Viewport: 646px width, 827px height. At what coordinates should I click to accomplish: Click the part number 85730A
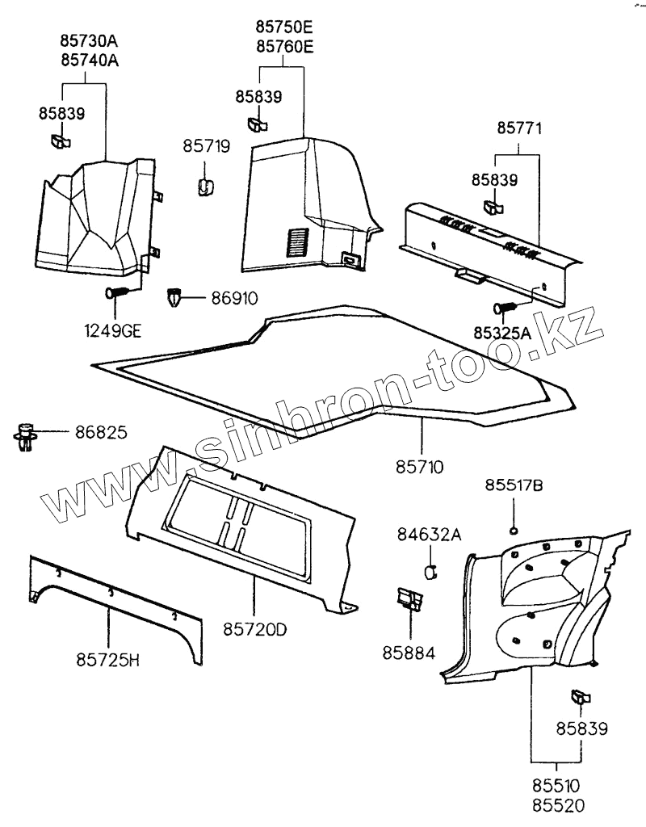click(89, 41)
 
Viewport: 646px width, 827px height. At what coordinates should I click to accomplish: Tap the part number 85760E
click(284, 47)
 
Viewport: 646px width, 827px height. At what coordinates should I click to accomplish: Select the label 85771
click(519, 128)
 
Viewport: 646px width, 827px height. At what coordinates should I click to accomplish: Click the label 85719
click(206, 147)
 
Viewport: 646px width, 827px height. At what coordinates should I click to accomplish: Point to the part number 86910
click(234, 300)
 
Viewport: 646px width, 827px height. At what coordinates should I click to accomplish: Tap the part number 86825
click(101, 434)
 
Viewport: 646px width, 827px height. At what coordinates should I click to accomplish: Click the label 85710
click(420, 466)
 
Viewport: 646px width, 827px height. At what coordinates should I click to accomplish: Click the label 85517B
click(514, 485)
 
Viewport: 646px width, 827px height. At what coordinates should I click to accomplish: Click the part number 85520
click(556, 804)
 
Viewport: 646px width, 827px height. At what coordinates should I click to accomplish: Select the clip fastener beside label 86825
click(27, 436)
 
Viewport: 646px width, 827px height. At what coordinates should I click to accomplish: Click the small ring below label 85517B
click(513, 530)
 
